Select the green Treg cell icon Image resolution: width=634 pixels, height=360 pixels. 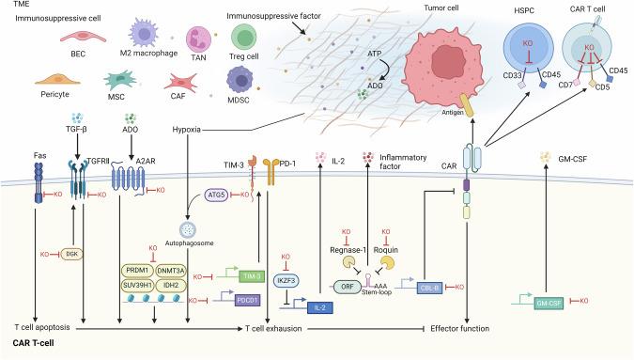[244, 37]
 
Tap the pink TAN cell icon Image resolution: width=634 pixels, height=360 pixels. [194, 39]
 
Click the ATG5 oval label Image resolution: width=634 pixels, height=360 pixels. [218, 196]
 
